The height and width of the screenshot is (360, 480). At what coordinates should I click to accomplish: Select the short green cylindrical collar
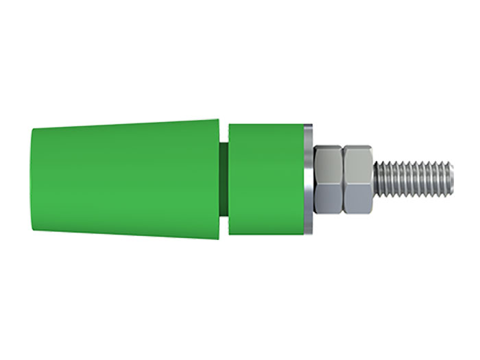click(264, 180)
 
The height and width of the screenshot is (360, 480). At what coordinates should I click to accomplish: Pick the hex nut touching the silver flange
click(328, 180)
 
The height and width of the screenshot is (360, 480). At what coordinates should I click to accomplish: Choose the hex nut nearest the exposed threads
click(358, 180)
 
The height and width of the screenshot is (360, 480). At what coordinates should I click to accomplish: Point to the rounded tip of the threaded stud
click(451, 180)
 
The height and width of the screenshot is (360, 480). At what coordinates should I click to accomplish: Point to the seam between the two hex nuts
click(343, 180)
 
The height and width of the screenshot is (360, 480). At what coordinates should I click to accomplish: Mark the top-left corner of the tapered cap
click(33, 129)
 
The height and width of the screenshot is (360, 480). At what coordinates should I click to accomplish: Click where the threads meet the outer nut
click(374, 180)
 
